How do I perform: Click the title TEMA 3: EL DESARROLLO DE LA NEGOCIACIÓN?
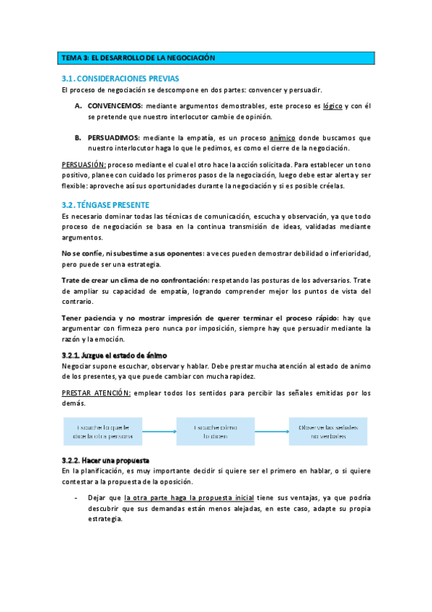click(138, 57)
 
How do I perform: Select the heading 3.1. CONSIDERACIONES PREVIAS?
click(120, 78)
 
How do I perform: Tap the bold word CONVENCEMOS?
click(115, 105)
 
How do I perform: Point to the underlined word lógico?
click(332, 105)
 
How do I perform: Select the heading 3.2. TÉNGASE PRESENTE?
click(105, 205)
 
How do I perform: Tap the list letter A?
click(78, 105)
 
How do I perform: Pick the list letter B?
click(78, 137)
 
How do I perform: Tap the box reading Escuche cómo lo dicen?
click(216, 432)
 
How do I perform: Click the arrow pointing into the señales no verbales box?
click(272, 432)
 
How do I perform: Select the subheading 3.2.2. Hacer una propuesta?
click(105, 460)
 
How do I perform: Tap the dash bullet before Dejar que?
click(76, 497)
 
